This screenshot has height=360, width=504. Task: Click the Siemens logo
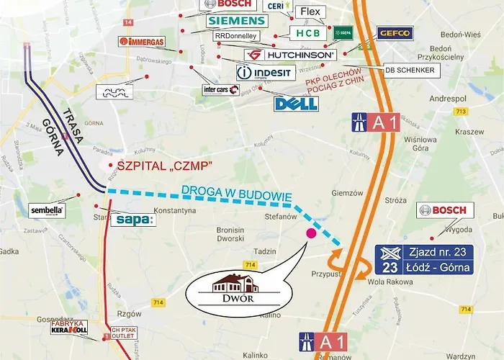click(237, 21)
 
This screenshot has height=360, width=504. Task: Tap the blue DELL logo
click(296, 103)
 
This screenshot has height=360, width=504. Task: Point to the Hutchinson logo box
click(290, 55)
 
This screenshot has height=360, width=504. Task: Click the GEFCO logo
click(395, 33)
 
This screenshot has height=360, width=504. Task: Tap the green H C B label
click(309, 33)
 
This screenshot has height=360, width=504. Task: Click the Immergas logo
click(142, 41)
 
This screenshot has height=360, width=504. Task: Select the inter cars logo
click(220, 89)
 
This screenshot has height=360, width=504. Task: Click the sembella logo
click(48, 211)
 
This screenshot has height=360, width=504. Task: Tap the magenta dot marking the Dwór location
click(311, 233)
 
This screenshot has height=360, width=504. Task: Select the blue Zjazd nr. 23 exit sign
click(423, 260)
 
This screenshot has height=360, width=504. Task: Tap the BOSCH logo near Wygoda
click(445, 211)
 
